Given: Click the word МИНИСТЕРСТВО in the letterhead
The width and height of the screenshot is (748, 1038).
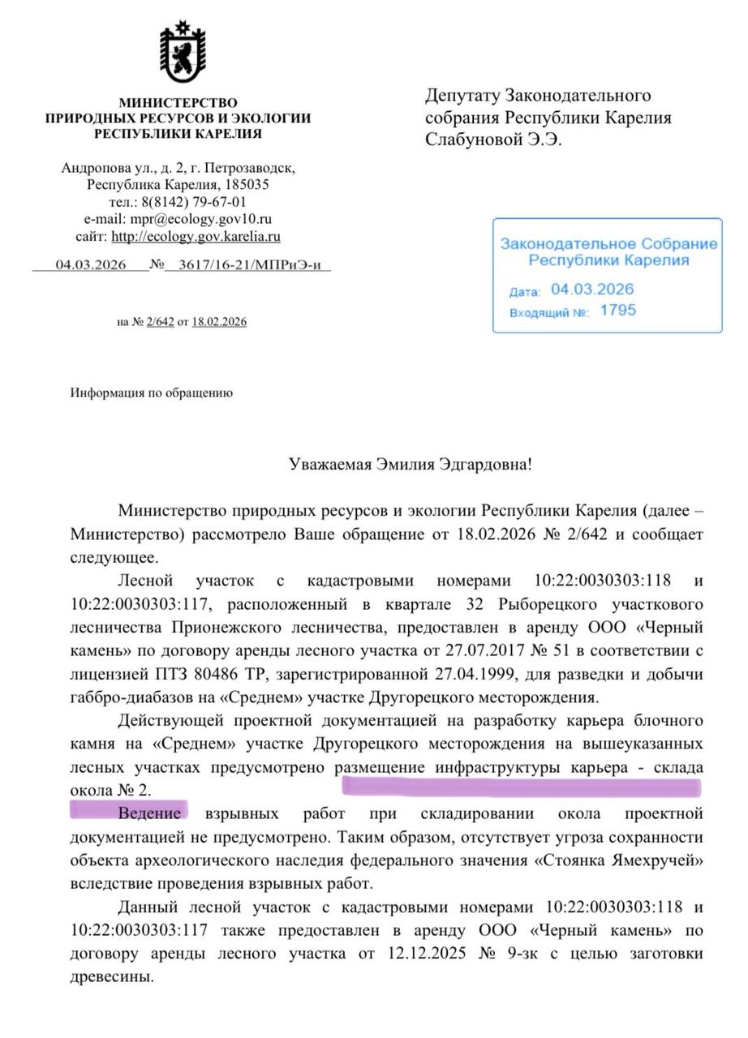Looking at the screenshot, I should point(178,103).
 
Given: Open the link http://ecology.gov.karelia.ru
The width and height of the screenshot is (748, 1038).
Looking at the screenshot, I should point(196,237).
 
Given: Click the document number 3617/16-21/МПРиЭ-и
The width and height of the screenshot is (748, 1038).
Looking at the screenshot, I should point(247,264).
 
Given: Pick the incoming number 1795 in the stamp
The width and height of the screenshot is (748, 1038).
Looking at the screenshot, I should point(618,310).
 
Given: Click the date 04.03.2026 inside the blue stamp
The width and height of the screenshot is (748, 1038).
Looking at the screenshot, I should point(592,289).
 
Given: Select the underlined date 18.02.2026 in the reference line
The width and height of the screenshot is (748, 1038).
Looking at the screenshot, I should point(219,322).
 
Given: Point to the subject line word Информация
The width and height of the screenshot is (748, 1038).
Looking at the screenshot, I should point(102,393).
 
